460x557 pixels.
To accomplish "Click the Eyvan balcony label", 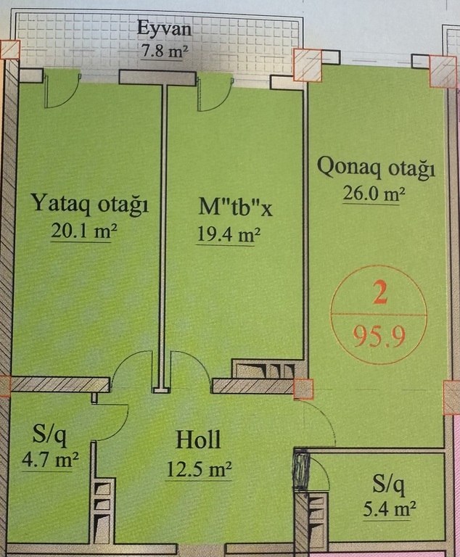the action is pos(164,28).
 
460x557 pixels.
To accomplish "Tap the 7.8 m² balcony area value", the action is pos(165,52).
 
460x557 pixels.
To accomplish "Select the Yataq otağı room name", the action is pos(90,204).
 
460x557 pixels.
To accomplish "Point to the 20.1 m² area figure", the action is pos(84,231).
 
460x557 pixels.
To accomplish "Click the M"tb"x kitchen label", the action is pos(235,207).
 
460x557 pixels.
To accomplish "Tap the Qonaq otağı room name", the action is pos(376,168).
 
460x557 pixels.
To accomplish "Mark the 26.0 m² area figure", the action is pos(374,194).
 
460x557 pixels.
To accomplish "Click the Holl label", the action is pos(198,440).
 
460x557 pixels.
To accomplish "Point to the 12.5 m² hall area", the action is pos(200,469).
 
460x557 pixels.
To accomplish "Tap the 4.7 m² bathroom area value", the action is pos(50,460).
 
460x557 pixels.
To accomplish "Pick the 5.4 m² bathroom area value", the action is pos(389,509).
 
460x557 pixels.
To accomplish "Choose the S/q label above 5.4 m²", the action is pos(389,485).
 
